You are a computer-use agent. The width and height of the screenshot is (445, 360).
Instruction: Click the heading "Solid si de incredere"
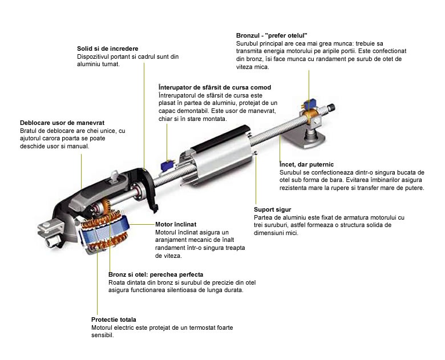(108, 48)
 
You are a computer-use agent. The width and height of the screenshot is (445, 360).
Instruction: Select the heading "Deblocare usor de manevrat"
(62, 123)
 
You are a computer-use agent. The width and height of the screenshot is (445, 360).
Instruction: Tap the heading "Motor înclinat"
(176, 224)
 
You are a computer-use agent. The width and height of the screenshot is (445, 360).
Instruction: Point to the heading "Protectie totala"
(114, 319)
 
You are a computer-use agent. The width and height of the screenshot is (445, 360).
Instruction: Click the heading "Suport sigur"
(273, 209)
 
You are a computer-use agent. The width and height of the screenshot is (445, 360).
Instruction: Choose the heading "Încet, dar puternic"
(306, 164)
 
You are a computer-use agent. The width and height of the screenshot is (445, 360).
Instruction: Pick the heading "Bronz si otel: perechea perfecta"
(156, 274)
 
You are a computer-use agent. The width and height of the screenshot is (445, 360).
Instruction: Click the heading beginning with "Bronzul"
(272, 35)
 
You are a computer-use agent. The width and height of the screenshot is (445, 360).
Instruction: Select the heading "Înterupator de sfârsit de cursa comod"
(215, 87)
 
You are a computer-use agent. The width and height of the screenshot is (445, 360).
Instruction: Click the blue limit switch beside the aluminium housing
(167, 165)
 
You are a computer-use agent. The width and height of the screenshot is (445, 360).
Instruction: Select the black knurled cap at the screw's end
(331, 108)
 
